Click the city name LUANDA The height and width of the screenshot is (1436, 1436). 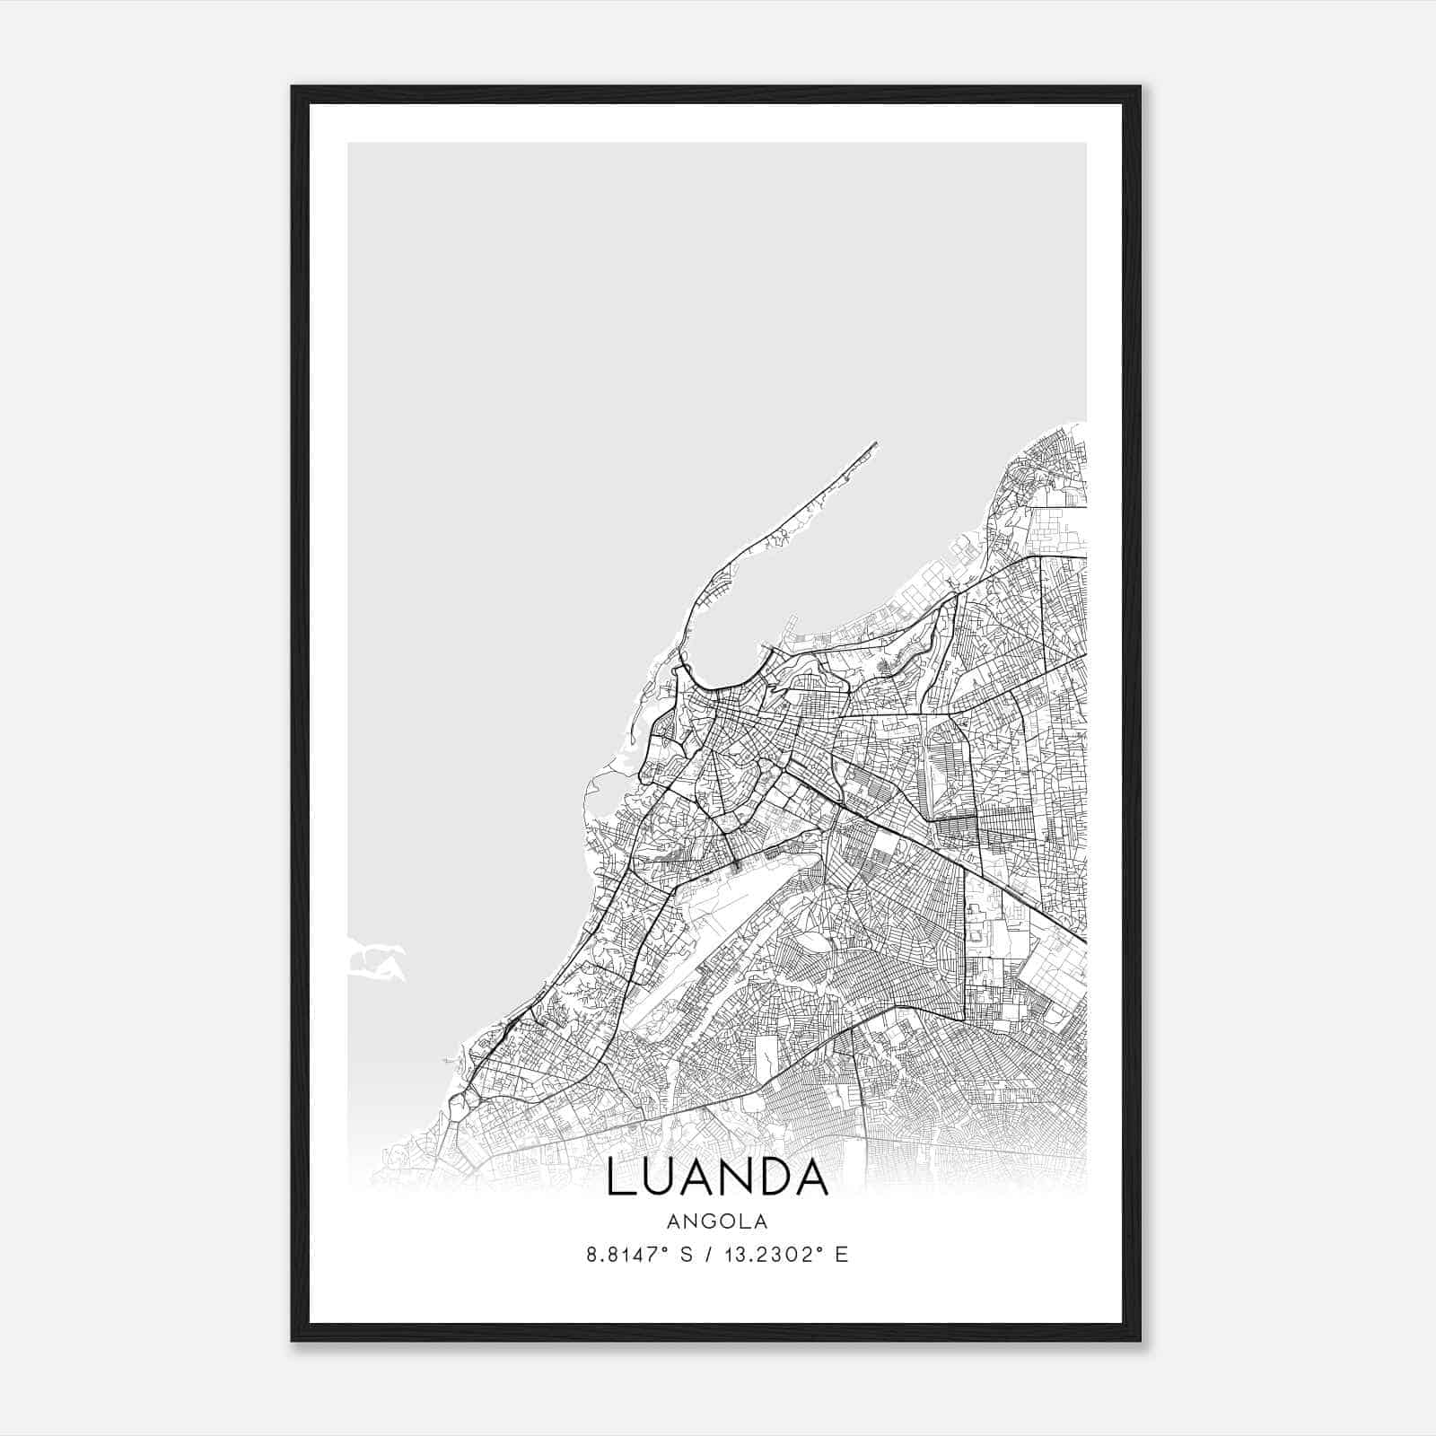click(x=717, y=1178)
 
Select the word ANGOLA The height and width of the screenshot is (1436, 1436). click(x=717, y=1221)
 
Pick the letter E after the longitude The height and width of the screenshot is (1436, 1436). click(x=841, y=1255)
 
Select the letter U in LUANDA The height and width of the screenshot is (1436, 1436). click(x=661, y=1178)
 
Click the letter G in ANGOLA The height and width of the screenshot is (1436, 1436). click(x=705, y=1221)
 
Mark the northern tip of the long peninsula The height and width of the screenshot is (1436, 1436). click(x=875, y=442)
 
